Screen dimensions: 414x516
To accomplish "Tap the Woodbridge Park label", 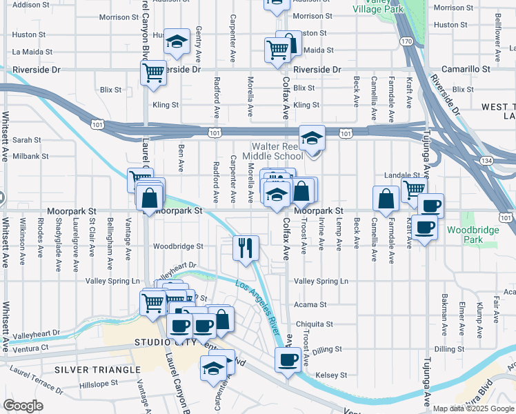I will pos(466,235).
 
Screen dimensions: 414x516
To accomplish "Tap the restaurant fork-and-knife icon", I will pos(246,247).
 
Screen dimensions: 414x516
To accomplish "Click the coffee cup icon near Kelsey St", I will pos(288,359).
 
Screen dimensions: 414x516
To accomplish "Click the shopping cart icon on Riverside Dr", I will pos(152,71).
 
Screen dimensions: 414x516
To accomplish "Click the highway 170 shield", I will pos(407,42).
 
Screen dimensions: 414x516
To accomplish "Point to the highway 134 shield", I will pos(507,161).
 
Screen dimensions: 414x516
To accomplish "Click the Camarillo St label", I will pos(467,70).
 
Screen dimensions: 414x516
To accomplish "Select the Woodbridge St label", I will pos(178,246).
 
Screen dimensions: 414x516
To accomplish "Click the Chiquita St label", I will pos(314,324).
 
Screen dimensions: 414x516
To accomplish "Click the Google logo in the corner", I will pos(23,406).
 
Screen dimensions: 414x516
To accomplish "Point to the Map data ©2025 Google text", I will pos(473,408).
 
